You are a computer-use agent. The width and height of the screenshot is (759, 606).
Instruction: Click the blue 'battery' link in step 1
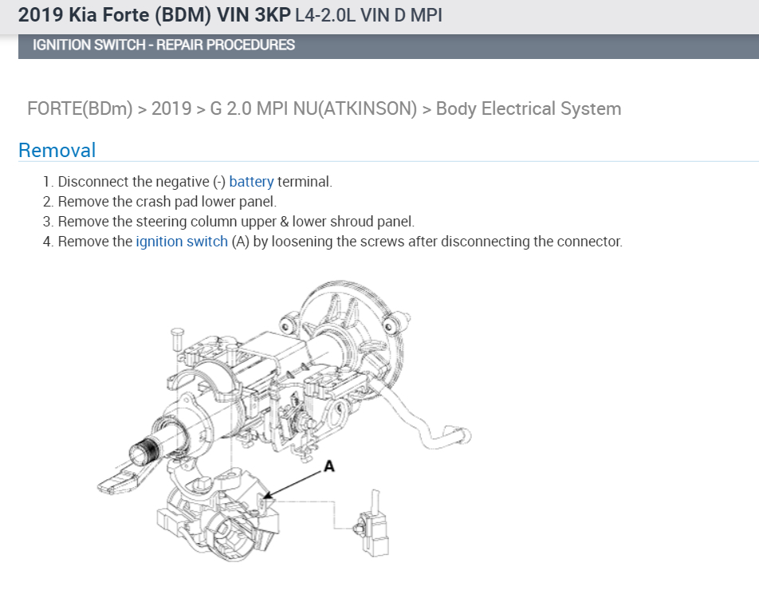tap(251, 182)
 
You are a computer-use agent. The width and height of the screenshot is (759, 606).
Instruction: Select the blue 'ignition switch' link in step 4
tap(182, 242)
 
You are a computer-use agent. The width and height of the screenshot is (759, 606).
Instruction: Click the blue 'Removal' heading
tap(57, 150)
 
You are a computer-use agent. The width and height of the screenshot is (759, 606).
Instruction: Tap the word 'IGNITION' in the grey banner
tap(61, 45)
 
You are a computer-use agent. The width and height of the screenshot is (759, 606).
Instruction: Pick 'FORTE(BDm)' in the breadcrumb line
tap(80, 108)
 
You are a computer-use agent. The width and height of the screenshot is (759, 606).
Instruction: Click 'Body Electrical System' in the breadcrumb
tap(529, 108)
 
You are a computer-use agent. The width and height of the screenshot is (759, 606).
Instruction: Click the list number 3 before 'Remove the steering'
tap(47, 222)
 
